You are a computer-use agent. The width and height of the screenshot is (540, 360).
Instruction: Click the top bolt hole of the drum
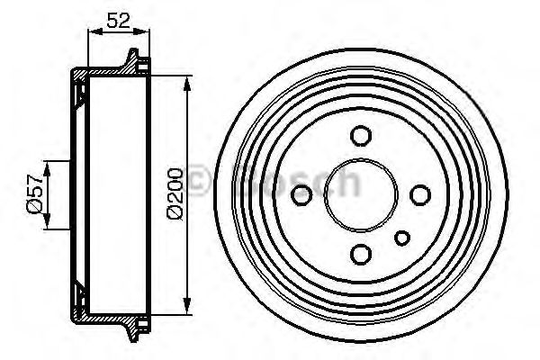pos(361,136)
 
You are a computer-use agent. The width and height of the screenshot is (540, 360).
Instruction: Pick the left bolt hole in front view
pos(303,193)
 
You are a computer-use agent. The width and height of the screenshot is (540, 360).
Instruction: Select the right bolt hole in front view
pos(418,193)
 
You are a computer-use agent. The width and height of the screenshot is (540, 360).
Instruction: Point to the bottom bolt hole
pos(361,251)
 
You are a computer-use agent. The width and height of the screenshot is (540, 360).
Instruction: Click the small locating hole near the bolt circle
pos(402,237)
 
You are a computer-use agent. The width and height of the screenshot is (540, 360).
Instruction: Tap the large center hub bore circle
pos(361,193)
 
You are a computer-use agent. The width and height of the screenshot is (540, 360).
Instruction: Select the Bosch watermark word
pos(297,184)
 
